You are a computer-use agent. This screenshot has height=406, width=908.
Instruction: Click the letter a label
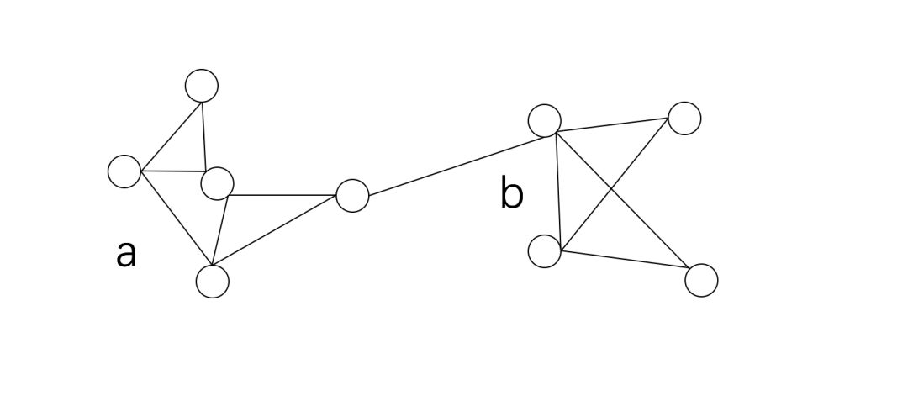click(125, 253)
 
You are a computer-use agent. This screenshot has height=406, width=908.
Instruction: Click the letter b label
click(511, 194)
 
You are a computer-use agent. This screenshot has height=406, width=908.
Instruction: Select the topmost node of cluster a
click(202, 85)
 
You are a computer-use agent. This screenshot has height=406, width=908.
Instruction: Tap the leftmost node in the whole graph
click(124, 171)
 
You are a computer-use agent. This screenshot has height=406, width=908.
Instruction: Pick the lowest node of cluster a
click(212, 281)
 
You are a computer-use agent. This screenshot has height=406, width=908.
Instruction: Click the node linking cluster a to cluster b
click(352, 196)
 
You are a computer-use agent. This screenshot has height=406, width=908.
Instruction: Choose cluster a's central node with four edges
click(218, 183)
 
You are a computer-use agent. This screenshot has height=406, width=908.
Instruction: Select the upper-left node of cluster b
click(545, 120)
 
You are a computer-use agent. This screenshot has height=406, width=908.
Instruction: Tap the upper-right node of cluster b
click(684, 119)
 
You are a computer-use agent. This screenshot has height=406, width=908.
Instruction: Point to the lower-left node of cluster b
click(545, 251)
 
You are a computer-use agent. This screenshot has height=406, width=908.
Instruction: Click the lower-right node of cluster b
click(701, 280)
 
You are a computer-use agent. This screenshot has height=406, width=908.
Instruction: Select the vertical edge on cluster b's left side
click(557, 189)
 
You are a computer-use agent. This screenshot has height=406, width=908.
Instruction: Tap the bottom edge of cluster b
click(624, 259)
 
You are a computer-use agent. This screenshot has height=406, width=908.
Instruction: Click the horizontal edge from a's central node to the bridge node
click(282, 195)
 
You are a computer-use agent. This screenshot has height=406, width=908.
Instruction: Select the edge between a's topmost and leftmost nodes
click(172, 136)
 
